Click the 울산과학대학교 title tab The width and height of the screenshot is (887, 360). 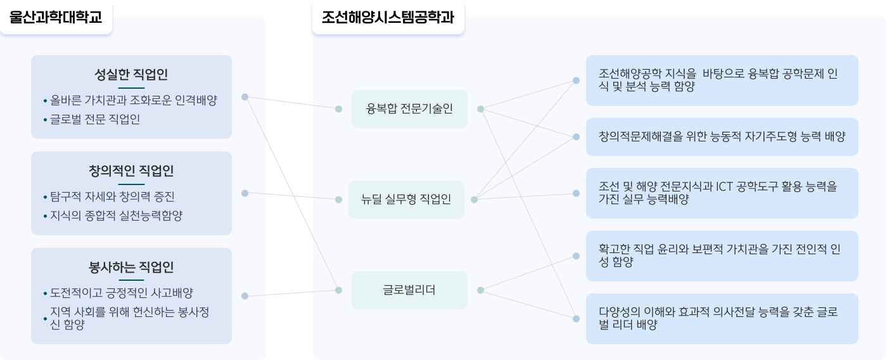(56, 17)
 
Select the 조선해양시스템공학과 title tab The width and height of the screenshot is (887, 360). (388, 17)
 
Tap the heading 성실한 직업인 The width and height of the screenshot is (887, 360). (131, 74)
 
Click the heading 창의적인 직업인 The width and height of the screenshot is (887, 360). (131, 170)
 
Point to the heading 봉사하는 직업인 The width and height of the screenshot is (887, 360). (131, 267)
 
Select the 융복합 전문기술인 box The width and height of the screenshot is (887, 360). (409, 109)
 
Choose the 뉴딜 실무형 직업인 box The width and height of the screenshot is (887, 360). (406, 199)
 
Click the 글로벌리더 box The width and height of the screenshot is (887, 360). (409, 290)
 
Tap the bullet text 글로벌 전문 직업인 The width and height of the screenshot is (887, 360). (95, 119)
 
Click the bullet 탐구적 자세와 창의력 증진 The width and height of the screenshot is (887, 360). (112, 196)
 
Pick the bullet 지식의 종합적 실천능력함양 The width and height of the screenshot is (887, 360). (116, 215)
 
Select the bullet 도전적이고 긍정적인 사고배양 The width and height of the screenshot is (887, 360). (121, 293)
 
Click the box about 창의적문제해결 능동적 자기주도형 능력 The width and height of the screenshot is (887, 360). (722, 137)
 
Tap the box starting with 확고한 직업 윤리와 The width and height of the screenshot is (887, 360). (722, 256)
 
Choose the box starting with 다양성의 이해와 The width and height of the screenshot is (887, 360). (722, 319)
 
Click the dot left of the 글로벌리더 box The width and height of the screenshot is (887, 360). (338, 290)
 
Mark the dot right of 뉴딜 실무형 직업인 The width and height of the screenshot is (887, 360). (474, 200)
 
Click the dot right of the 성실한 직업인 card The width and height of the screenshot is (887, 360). (245, 97)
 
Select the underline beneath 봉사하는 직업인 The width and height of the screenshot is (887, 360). (131, 280)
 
